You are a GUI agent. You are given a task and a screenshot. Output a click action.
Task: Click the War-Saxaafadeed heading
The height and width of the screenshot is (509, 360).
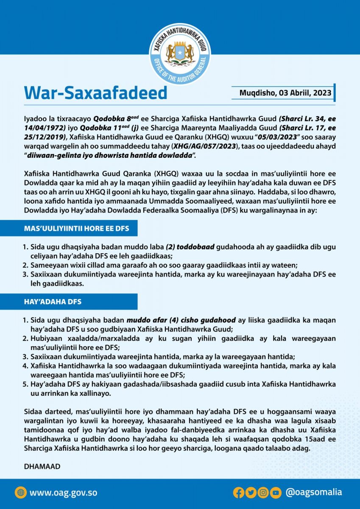(95, 92)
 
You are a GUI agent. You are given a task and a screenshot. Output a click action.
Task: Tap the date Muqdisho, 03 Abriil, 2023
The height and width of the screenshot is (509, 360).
(282, 93)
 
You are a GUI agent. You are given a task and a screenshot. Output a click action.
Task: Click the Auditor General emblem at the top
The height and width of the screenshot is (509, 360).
(180, 53)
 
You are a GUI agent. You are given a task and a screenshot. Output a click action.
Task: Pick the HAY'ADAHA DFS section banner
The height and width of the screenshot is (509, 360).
(69, 301)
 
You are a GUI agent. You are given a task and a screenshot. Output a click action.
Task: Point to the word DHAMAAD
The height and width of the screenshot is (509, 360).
(42, 466)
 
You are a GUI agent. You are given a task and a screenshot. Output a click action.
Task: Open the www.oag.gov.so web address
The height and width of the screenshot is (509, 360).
(63, 492)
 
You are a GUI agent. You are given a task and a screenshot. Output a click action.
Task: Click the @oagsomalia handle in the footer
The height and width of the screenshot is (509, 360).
(313, 492)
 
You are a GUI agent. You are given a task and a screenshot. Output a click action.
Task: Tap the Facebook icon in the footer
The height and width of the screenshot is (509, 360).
(238, 492)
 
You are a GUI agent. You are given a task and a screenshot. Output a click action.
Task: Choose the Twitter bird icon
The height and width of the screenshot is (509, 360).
(251, 492)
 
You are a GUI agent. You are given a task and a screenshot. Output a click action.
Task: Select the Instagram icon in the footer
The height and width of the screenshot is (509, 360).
(263, 492)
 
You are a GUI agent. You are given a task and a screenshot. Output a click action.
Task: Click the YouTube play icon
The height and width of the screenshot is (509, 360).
(276, 492)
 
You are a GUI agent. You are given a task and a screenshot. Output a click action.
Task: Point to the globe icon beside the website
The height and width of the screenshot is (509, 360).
(20, 492)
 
